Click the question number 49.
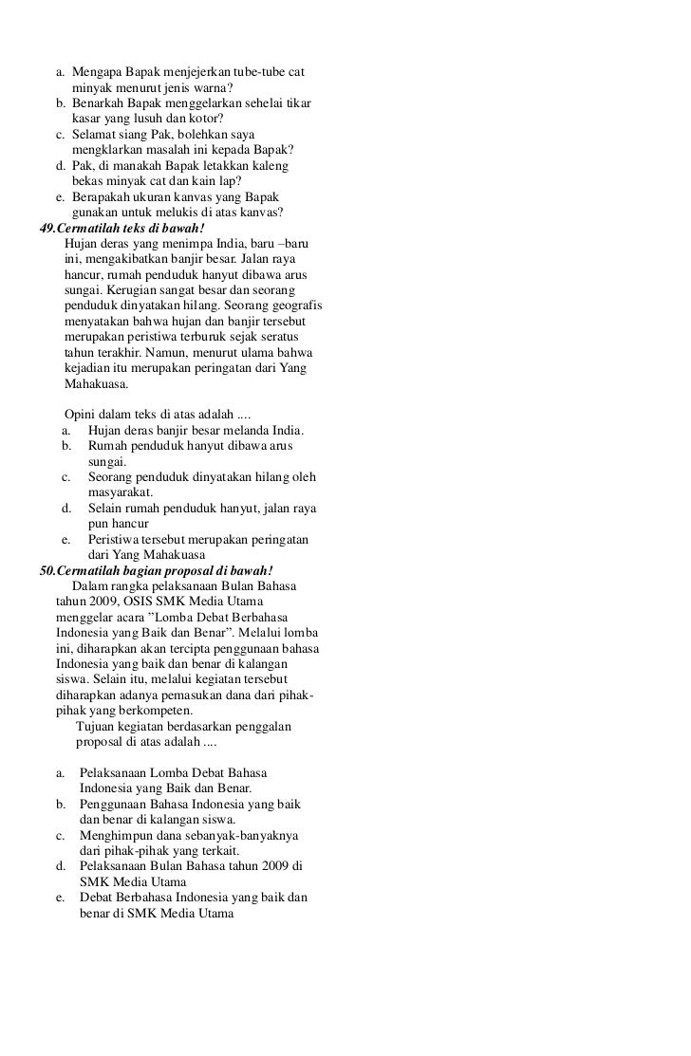(x=46, y=229)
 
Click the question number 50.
(x=46, y=570)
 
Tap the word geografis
(x=294, y=308)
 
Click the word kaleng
(x=274, y=166)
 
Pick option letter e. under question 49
(x=67, y=539)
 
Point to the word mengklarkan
(x=110, y=151)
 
